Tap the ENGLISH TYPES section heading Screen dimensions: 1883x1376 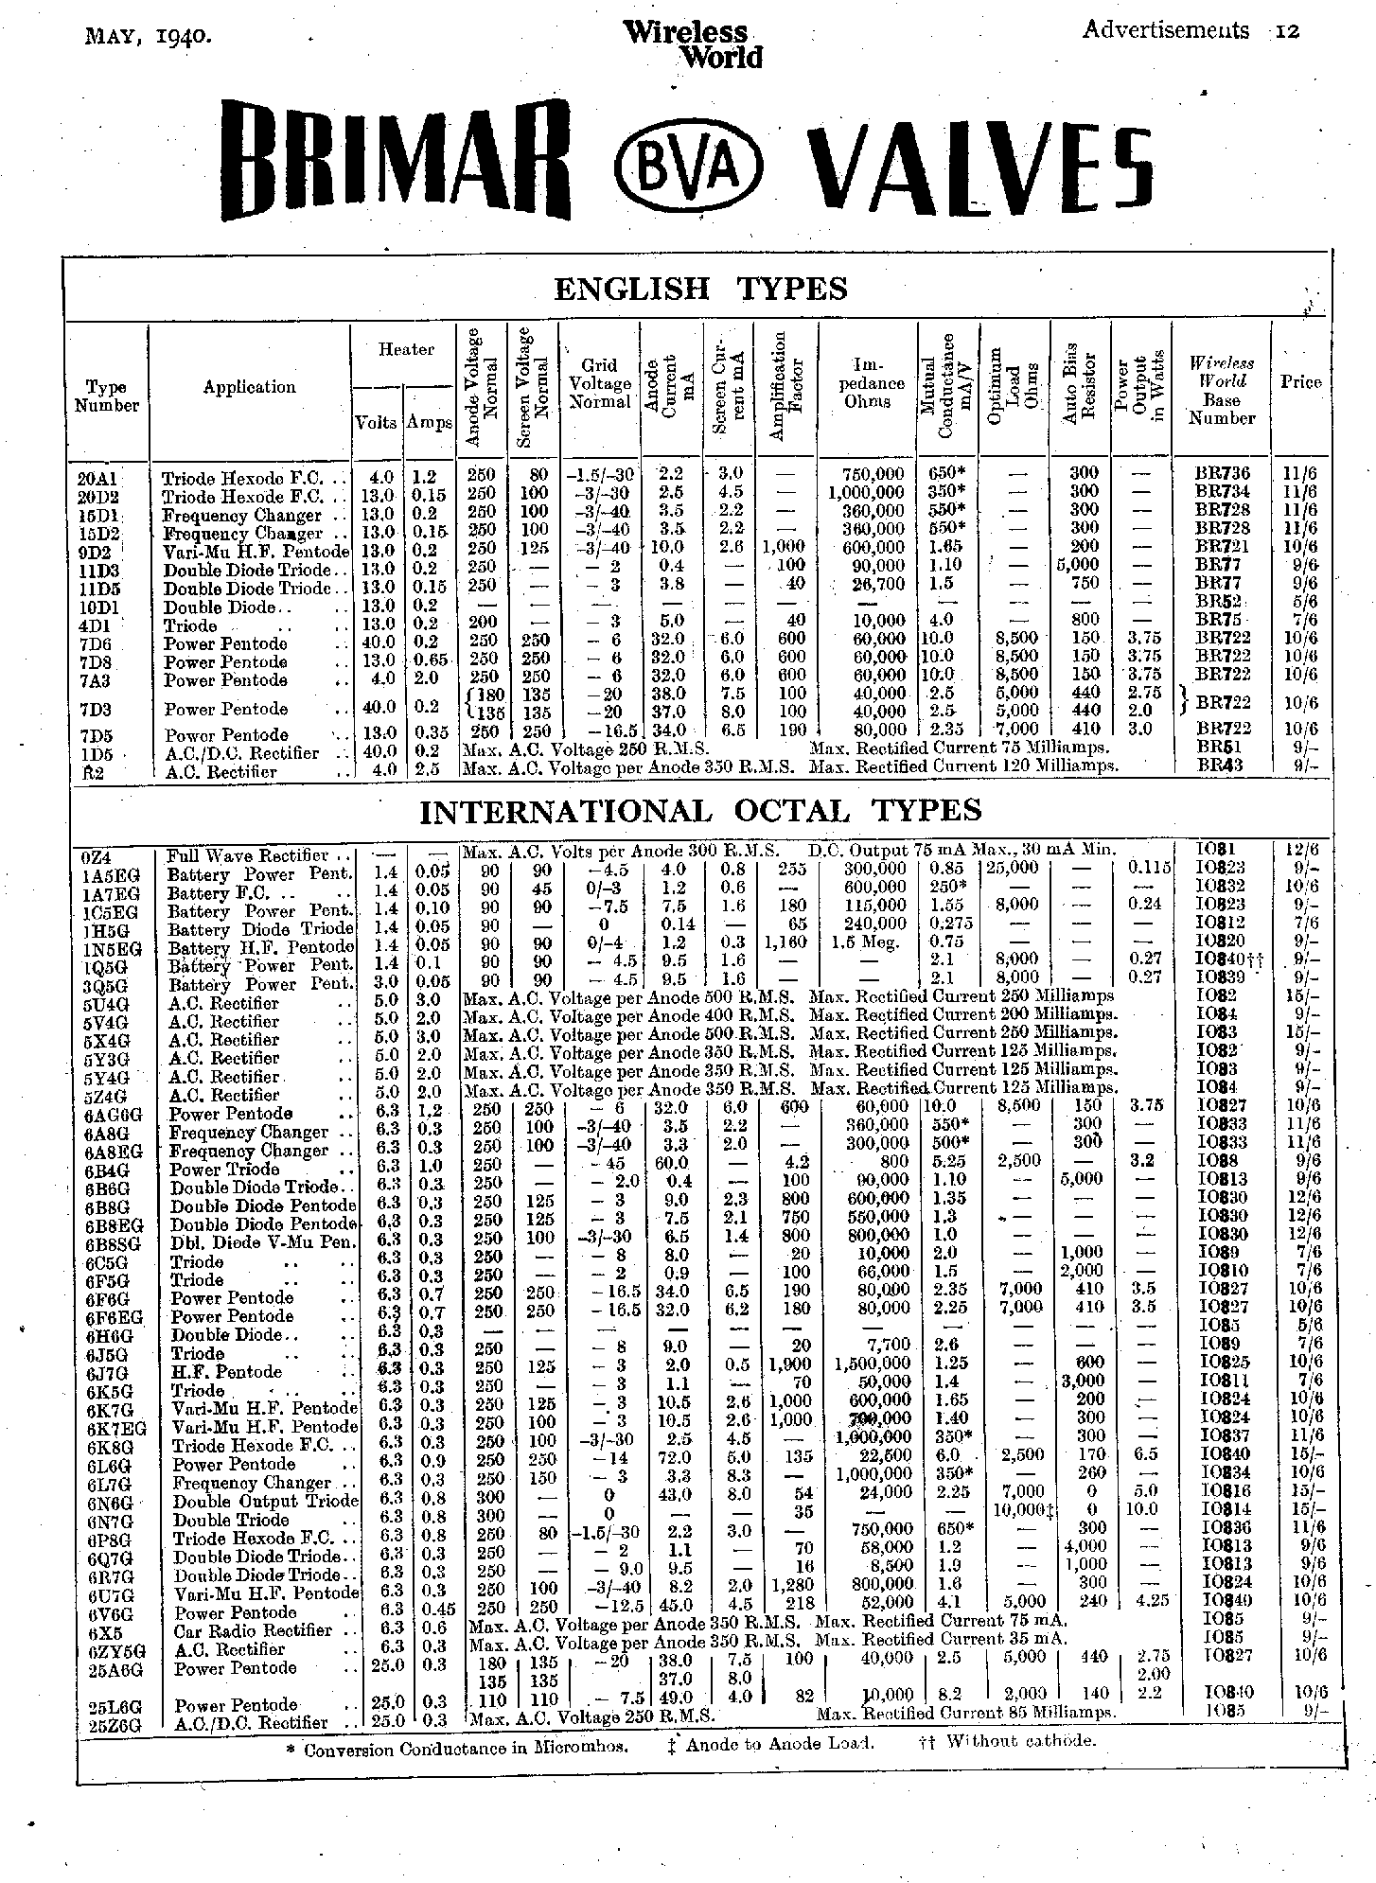[x=699, y=288]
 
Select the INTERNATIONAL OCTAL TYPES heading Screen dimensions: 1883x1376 [x=699, y=811]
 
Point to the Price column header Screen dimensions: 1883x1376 [x=1300, y=381]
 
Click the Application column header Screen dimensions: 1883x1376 [x=249, y=387]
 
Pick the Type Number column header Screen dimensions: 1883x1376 [x=106, y=396]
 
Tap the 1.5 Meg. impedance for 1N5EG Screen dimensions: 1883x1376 [x=864, y=942]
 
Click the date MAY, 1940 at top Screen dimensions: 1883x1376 [x=147, y=36]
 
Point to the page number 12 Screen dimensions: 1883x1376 [x=1287, y=31]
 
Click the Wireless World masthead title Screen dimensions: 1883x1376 [x=693, y=45]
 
